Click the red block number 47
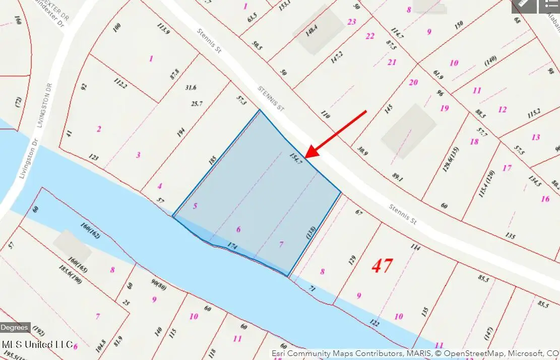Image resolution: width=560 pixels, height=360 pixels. [x=382, y=265]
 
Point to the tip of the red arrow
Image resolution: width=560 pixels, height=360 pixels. [x=305, y=157]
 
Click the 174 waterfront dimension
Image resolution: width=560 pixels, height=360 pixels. [x=232, y=246]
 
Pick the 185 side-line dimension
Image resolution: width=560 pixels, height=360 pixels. [x=212, y=161]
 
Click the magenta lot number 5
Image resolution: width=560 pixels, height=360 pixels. [x=195, y=206]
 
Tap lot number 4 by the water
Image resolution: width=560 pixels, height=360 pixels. [x=160, y=186]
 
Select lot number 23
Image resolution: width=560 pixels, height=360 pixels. [x=352, y=22]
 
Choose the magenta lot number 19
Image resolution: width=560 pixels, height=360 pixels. [x=444, y=108]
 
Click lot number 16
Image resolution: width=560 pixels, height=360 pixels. [x=545, y=199]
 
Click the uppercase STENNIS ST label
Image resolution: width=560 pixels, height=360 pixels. [x=271, y=98]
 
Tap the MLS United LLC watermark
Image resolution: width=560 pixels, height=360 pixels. [x=37, y=344]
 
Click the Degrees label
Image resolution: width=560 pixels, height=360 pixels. [x=15, y=328]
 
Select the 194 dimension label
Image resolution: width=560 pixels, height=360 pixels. [x=180, y=133]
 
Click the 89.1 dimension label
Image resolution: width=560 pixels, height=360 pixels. [x=398, y=177]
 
